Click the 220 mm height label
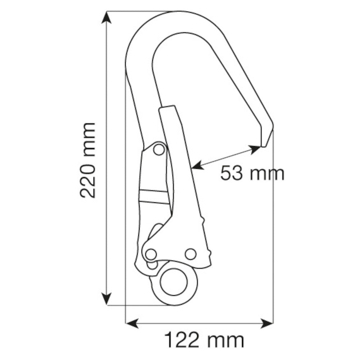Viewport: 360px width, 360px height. point(87,160)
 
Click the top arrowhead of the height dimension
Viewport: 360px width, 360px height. point(106,17)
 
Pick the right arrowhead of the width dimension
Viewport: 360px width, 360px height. point(267,323)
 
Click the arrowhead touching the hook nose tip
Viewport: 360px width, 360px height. point(255,149)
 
